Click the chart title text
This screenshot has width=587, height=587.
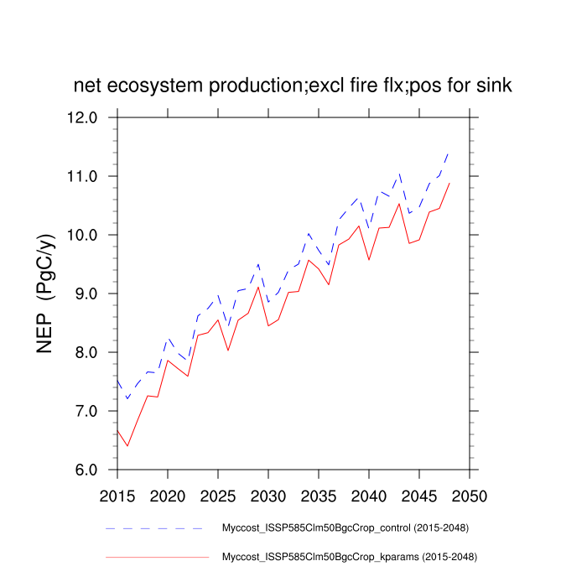click(x=293, y=86)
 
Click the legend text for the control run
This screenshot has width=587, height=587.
click(x=344, y=528)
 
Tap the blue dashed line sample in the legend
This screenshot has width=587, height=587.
click(x=155, y=529)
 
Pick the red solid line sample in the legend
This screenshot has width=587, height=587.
click(x=155, y=556)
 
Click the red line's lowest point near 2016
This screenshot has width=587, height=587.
click(x=127, y=445)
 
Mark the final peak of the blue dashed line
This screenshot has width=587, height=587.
click(x=449, y=153)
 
